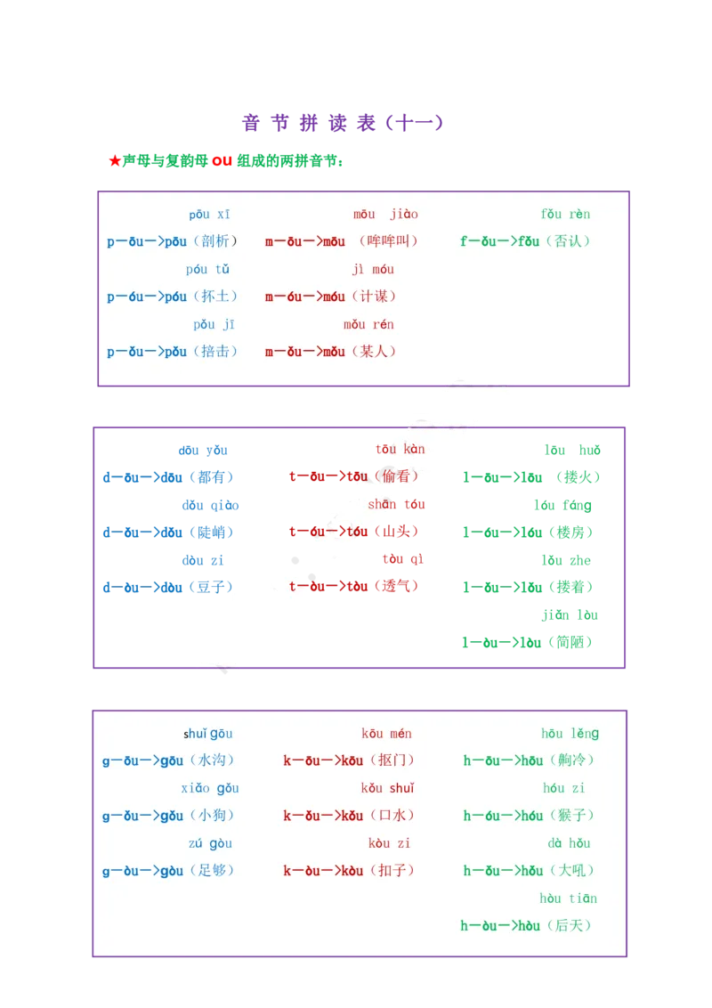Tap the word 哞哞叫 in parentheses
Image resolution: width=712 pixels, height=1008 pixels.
[x=389, y=241]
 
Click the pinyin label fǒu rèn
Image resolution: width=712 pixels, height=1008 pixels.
[x=565, y=214]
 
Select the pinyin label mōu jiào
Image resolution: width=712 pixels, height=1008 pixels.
[x=385, y=214]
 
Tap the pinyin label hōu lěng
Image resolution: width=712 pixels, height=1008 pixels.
[x=570, y=734]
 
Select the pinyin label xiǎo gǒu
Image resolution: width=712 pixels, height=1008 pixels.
[x=210, y=788]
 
